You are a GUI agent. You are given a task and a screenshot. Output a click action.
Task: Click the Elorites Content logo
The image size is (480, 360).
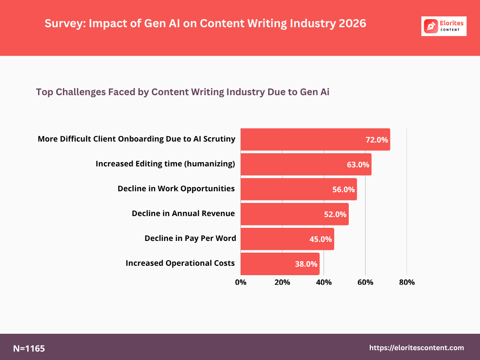[444, 26]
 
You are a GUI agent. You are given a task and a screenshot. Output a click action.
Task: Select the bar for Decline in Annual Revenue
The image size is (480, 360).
[294, 214]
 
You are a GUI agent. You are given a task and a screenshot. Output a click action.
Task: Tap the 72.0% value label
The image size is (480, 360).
[377, 140]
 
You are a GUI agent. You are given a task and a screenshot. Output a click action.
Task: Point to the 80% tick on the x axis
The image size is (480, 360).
[406, 282]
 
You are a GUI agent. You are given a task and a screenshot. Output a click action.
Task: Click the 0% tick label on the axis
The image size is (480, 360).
[240, 282]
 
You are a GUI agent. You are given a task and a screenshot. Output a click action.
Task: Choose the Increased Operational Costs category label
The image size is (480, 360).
[180, 263]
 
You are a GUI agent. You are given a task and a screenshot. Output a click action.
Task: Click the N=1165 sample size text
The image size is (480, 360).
[29, 348]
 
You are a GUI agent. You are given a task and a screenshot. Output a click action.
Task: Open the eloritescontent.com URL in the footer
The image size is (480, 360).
[417, 348]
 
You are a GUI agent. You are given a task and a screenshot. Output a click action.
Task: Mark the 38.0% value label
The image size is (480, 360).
[306, 264]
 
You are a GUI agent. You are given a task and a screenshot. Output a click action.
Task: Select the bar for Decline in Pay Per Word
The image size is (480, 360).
[287, 239]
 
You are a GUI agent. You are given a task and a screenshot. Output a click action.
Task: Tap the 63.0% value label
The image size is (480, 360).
[358, 165]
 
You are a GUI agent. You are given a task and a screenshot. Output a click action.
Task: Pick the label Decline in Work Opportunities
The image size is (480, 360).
[176, 189]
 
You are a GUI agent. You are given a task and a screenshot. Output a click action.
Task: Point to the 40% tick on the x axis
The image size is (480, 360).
[324, 282]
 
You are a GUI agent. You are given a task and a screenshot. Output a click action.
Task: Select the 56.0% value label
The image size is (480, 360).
[344, 189]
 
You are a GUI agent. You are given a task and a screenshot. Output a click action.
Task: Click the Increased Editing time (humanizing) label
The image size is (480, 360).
[165, 164]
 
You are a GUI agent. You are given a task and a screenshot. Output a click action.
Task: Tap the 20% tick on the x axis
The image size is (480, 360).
[282, 282]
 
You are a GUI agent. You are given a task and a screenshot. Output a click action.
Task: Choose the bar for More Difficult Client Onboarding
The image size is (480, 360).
[315, 140]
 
